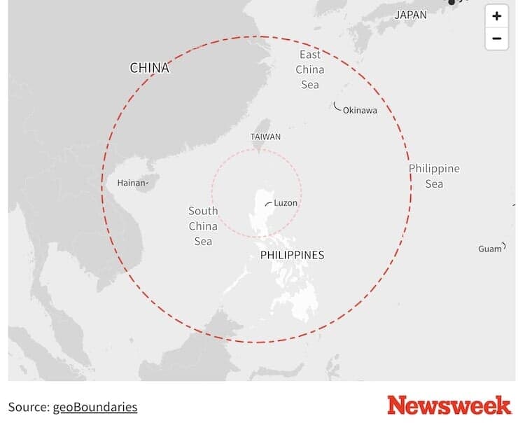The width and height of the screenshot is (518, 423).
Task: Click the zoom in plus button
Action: [x=496, y=16]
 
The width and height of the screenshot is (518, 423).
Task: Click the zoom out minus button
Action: [x=496, y=39]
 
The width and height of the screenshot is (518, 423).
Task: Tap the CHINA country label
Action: [x=149, y=68]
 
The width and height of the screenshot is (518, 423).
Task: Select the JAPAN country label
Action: [x=410, y=15]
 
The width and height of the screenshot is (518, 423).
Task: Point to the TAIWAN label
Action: [x=265, y=137]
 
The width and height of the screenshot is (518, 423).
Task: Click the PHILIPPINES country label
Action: [x=292, y=255]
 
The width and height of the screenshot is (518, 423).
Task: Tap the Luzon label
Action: [x=286, y=203]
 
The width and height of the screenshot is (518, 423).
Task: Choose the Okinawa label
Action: [x=360, y=111]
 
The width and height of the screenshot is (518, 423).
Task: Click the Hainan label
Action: [x=131, y=183]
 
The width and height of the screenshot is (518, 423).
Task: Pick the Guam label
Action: [x=490, y=249]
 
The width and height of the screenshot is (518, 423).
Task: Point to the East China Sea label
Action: [x=310, y=69]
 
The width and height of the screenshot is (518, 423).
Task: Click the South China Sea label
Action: [x=203, y=226]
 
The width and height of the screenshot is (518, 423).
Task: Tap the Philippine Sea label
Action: [x=434, y=176]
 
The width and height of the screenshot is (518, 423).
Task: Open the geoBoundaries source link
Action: [x=95, y=407]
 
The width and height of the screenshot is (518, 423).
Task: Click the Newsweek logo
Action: [x=449, y=405]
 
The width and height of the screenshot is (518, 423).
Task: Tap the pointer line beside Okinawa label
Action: [x=337, y=107]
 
